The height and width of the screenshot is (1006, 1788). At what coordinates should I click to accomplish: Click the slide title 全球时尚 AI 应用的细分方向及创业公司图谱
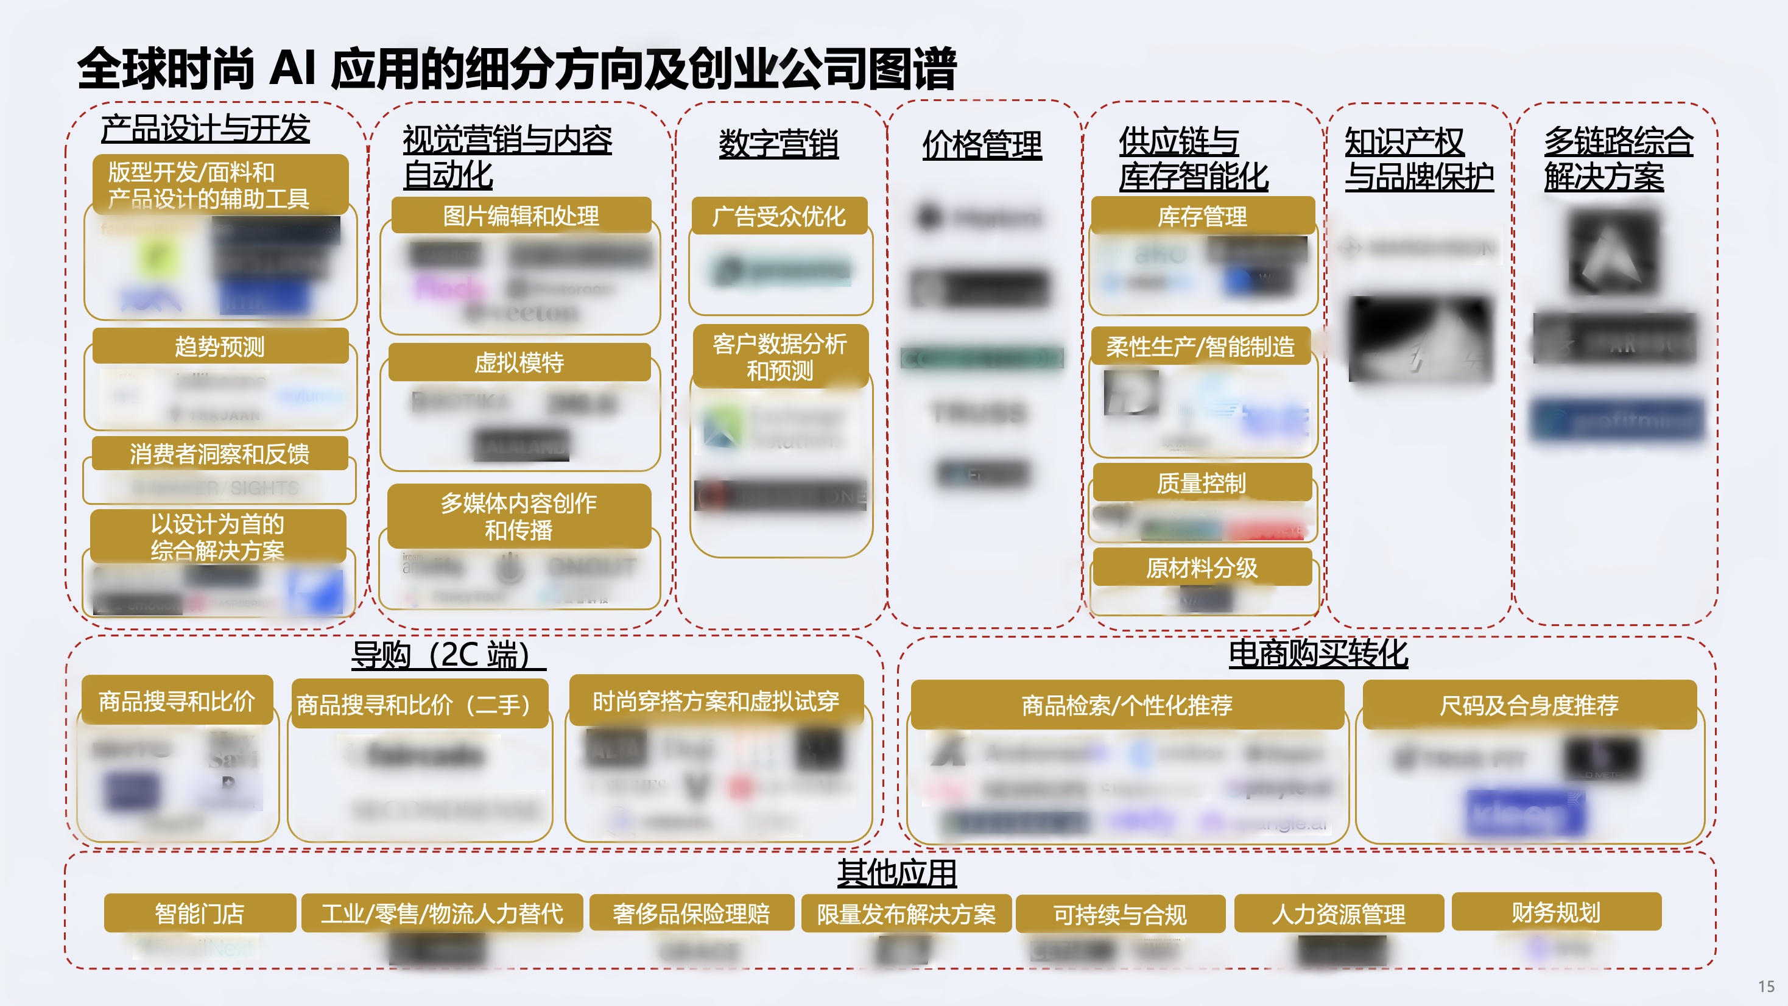pyautogui.click(x=516, y=69)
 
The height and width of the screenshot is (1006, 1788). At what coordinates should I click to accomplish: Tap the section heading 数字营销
pyautogui.click(x=778, y=144)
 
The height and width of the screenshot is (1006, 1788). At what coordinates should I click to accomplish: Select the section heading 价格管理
pyautogui.click(x=982, y=146)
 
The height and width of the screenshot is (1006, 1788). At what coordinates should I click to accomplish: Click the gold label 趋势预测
pyautogui.click(x=219, y=346)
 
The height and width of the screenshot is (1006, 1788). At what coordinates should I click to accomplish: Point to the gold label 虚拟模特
pyautogui.click(x=519, y=362)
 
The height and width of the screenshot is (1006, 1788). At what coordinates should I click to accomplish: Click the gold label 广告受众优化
pyautogui.click(x=779, y=216)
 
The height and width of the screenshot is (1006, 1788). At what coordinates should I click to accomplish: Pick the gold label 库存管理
pyautogui.click(x=1202, y=217)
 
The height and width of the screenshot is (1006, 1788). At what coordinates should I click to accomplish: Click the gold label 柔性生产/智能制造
pyautogui.click(x=1200, y=346)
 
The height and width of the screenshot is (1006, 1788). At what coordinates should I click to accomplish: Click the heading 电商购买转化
pyautogui.click(x=1318, y=653)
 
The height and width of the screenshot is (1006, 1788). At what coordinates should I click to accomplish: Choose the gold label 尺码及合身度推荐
pyautogui.click(x=1529, y=705)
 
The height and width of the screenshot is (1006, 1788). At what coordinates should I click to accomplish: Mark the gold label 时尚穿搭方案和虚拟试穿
pyautogui.click(x=716, y=701)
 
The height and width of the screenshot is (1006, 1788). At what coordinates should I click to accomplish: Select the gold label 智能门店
pyautogui.click(x=199, y=913)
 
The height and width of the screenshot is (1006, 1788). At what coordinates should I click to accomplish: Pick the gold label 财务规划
pyautogui.click(x=1556, y=912)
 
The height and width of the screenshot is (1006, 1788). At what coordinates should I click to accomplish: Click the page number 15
pyautogui.click(x=1766, y=987)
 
